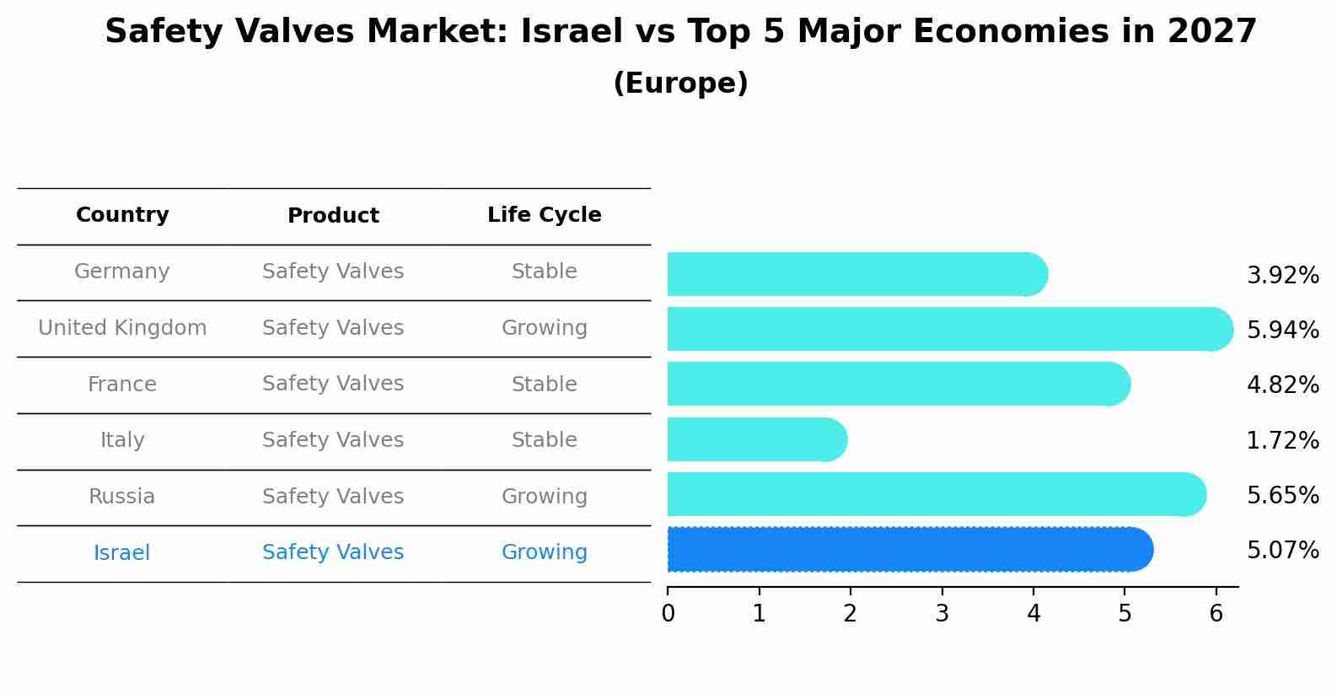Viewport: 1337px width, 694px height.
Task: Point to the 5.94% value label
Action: (x=1282, y=330)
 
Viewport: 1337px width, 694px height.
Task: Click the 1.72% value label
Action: (x=1282, y=440)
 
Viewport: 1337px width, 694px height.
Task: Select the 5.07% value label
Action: (x=1282, y=551)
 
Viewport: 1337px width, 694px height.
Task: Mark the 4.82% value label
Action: (x=1282, y=385)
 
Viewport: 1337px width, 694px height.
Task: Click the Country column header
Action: (x=122, y=215)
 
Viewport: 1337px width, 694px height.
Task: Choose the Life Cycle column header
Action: (x=544, y=215)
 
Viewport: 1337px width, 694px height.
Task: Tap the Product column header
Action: (x=333, y=216)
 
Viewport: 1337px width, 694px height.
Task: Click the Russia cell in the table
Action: (x=122, y=496)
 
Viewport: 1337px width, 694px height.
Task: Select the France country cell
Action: (x=122, y=384)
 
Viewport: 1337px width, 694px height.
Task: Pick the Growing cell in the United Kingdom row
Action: (x=544, y=327)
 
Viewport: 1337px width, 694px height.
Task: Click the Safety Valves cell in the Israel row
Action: (x=333, y=552)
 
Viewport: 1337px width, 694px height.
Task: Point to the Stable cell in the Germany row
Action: (x=544, y=272)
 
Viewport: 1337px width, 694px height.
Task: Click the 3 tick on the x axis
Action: (x=942, y=613)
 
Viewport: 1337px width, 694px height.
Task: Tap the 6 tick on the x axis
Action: (x=1216, y=613)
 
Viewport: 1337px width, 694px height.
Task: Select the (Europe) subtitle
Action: (x=680, y=83)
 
